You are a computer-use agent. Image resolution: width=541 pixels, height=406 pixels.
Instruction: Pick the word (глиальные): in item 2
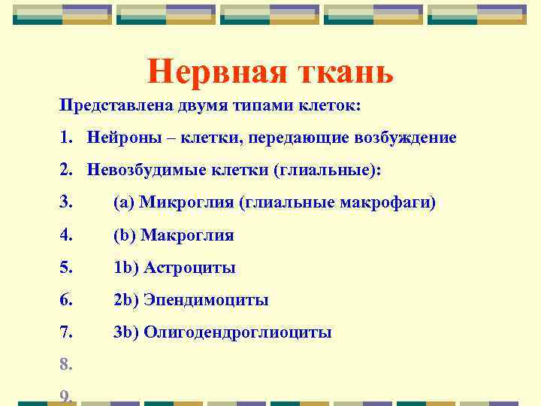click(x=329, y=171)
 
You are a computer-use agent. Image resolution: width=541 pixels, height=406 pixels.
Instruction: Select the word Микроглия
click(x=180, y=203)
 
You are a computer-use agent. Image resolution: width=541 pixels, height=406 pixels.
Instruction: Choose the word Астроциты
click(x=189, y=268)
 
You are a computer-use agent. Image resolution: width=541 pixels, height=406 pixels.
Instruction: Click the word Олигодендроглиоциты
click(x=237, y=332)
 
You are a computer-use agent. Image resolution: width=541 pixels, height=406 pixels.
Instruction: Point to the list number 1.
click(x=66, y=138)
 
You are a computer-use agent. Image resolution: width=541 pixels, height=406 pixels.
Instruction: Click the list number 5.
click(x=66, y=268)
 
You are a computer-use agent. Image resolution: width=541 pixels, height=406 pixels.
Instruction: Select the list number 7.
click(x=66, y=332)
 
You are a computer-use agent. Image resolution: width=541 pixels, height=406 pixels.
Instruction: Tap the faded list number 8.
click(x=66, y=365)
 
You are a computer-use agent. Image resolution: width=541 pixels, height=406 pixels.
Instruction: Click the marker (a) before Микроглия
click(x=124, y=203)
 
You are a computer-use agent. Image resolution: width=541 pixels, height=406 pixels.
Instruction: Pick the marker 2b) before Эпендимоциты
click(x=125, y=300)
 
